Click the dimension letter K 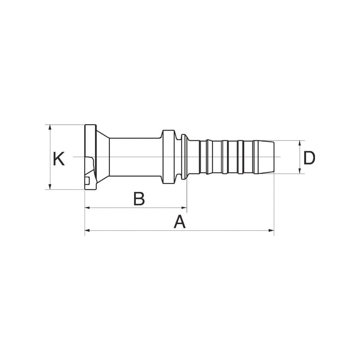coord(58,159)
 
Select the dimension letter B coord(139,199)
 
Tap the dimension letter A coord(179,221)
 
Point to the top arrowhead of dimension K coord(50,127)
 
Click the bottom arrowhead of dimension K coord(50,187)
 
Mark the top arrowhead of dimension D coord(300,143)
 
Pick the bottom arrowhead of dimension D coord(300,171)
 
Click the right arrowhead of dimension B coord(184,208)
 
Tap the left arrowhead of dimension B coord(88,208)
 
